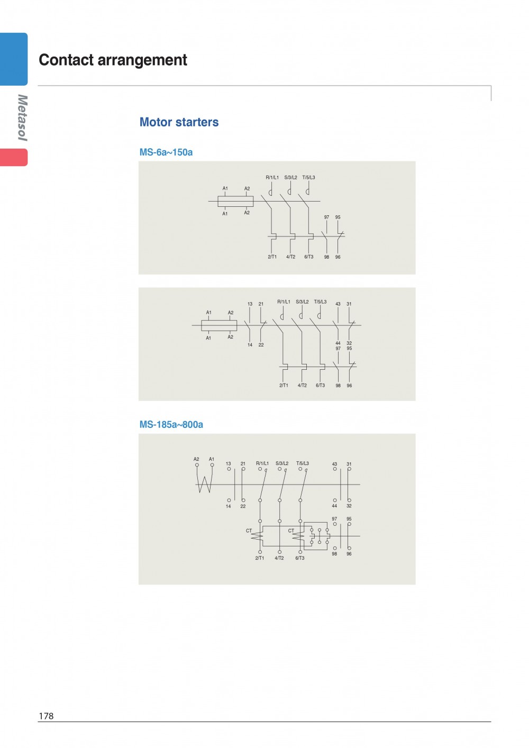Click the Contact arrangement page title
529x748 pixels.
tap(113, 60)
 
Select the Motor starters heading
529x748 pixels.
tap(179, 122)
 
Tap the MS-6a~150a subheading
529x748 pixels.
tap(166, 152)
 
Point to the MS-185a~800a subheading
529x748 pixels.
tap(171, 424)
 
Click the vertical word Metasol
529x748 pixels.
tap(22, 117)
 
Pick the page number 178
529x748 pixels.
tap(46, 716)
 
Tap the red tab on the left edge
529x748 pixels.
tap(14, 157)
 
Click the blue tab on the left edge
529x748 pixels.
tap(14, 59)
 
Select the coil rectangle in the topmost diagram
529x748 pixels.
tap(235, 202)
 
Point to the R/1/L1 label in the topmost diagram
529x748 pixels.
tap(272, 177)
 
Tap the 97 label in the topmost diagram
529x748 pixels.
tap(326, 217)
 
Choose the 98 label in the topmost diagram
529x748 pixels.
tap(326, 257)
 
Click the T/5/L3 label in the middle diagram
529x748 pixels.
tap(320, 302)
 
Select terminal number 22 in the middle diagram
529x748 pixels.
tap(261, 345)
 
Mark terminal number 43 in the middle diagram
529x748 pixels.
tap(338, 304)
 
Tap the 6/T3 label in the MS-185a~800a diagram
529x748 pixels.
tap(300, 558)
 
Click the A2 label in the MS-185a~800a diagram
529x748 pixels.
tap(196, 459)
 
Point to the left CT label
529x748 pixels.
tap(249, 531)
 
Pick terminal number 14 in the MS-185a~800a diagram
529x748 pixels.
tap(229, 506)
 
